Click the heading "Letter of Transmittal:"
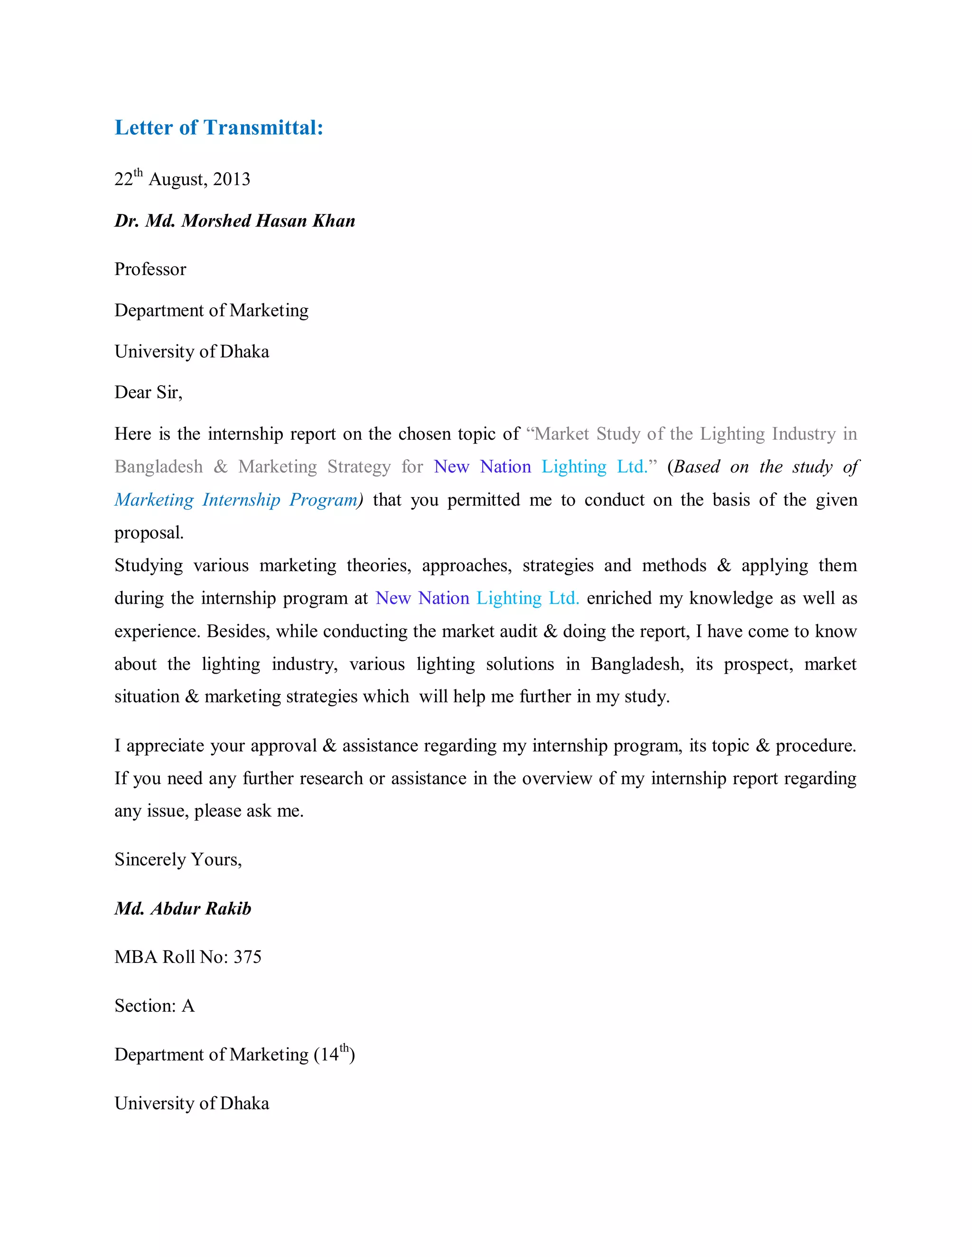(x=219, y=128)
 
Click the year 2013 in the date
(x=232, y=180)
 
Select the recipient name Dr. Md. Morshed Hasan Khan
(x=234, y=221)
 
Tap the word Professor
(x=150, y=269)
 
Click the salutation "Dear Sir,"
(x=148, y=393)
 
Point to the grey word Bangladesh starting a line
(x=159, y=467)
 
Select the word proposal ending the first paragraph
(x=149, y=533)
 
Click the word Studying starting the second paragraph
(x=149, y=566)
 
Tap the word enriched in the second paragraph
(x=619, y=599)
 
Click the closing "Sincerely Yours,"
(x=178, y=860)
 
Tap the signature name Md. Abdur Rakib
(x=183, y=909)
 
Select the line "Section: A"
(x=154, y=1006)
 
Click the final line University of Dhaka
(x=192, y=1103)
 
